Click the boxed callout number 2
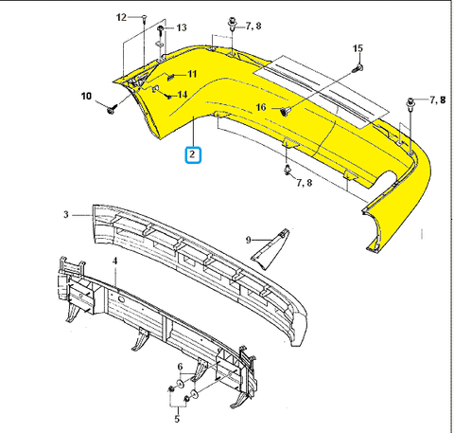tap(193, 154)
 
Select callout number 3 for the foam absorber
tap(66, 215)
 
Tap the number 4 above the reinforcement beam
tap(115, 262)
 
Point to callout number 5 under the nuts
tap(177, 419)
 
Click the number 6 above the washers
tap(180, 367)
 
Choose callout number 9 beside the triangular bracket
tap(249, 241)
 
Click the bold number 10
tap(86, 96)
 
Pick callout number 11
tap(192, 74)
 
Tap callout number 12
tap(121, 17)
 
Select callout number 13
tap(182, 27)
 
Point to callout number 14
tap(183, 95)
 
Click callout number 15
tap(358, 48)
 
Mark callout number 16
tap(261, 107)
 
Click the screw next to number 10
tap(112, 110)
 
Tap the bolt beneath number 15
tap(358, 67)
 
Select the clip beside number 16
tap(285, 111)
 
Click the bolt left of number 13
tap(161, 30)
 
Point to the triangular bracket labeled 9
tap(270, 249)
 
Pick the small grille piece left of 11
tap(170, 77)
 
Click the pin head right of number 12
tap(144, 17)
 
